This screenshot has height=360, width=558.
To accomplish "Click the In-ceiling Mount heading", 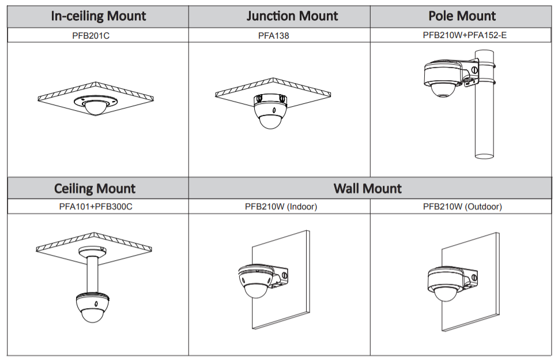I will (x=98, y=16).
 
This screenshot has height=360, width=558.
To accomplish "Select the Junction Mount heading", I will (x=292, y=16).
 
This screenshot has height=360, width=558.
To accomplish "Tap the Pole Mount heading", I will (x=462, y=16).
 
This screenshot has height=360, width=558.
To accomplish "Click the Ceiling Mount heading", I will (x=95, y=189).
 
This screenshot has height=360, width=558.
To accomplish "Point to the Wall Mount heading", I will (x=368, y=189).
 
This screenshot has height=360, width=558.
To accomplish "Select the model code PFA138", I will (x=274, y=35).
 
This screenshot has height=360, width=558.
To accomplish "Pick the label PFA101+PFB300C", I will (x=96, y=207).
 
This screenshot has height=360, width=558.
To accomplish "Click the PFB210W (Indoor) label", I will (x=281, y=207).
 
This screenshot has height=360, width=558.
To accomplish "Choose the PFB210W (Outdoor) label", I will (x=462, y=207).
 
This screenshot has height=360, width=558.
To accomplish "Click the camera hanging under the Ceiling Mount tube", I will (x=95, y=306).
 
